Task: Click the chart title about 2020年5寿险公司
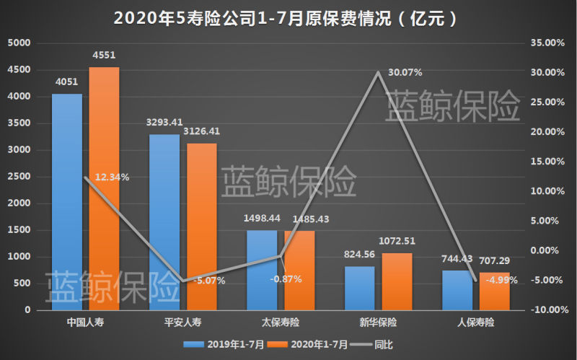point(287,17)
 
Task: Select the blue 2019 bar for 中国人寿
point(66,202)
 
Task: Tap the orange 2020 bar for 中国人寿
point(104,188)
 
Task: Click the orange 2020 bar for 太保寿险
point(299,271)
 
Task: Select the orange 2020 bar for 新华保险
point(397,281)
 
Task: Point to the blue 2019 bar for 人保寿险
point(457,290)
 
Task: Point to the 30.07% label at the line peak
point(405,72)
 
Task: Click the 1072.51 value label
point(397,241)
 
